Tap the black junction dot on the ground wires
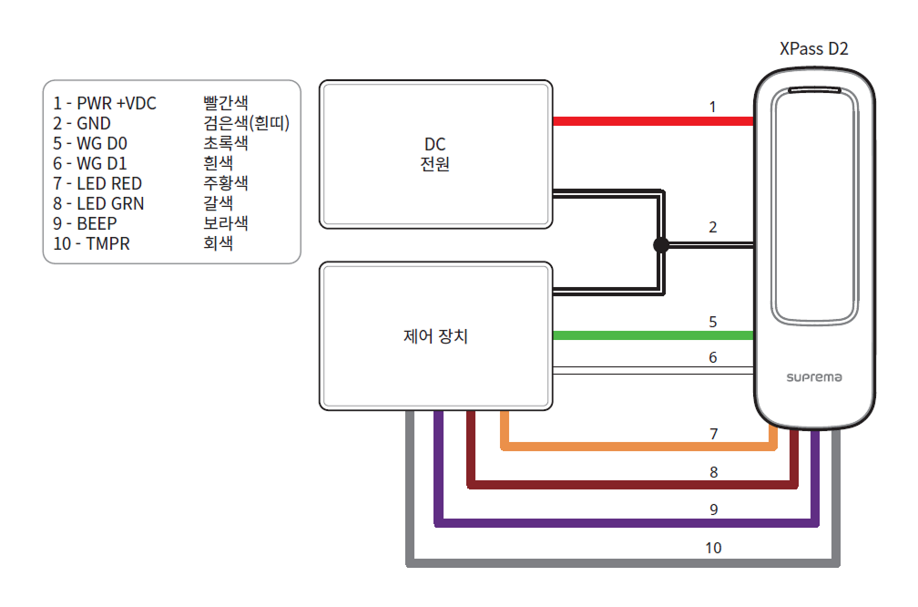pos(661,244)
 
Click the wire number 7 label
pos(713,434)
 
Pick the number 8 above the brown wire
pos(713,472)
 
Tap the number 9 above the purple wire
pos(713,509)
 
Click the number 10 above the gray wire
pos(713,548)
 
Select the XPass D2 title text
pos(814,49)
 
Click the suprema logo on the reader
pos(814,376)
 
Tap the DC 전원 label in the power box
pos(436,154)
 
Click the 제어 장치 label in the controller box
pos(436,336)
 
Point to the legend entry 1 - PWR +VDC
pos(105,103)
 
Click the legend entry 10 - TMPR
pos(92,243)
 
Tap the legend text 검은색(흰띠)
pos(246,123)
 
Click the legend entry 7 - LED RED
pos(97,183)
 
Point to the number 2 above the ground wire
pos(713,227)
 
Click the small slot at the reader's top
pos(814,91)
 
